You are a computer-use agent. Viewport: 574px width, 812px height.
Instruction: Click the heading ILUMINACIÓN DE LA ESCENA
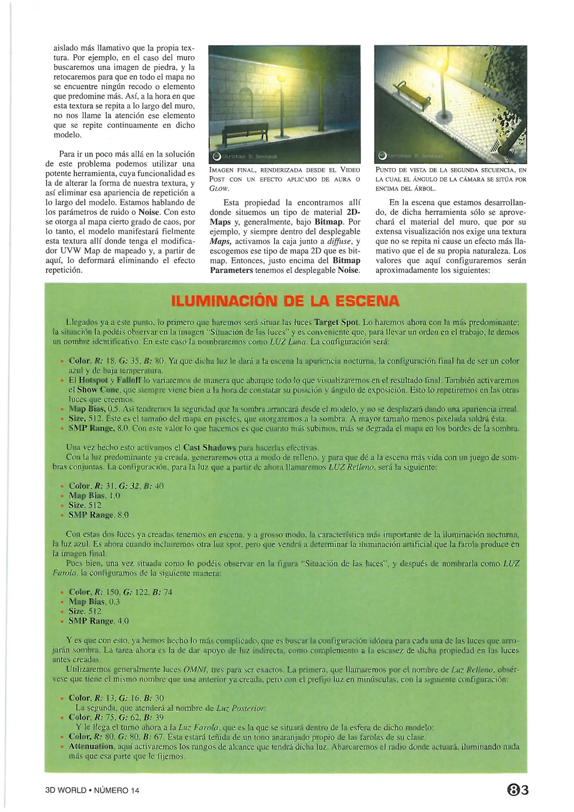coord(285,301)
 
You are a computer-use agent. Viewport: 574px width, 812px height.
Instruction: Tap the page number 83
coord(518,790)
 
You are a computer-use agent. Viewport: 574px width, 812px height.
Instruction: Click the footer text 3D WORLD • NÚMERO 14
coord(92,790)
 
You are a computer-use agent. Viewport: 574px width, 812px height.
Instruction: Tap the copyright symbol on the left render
coord(216,156)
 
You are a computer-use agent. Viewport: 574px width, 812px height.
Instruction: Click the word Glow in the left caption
coord(220,189)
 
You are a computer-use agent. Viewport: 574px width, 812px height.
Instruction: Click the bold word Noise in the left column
coord(149,212)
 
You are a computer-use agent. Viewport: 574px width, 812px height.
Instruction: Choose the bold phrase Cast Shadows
coord(209,448)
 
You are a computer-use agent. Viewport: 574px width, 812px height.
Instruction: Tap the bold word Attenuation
coord(91,746)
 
